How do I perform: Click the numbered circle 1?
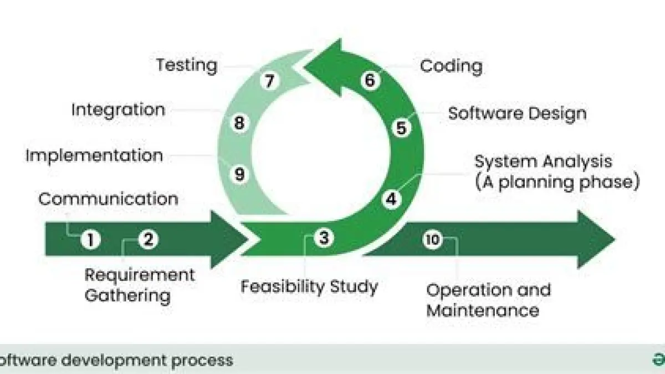point(90,240)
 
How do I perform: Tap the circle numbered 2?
point(148,239)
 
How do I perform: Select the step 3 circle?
point(324,237)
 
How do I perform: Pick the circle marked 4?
point(391,199)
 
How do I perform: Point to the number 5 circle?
point(401,128)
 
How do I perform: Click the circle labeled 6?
point(370,80)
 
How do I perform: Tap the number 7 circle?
point(269,81)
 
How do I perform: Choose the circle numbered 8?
point(239,123)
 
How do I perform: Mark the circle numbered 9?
point(239,174)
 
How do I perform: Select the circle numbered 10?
point(433,239)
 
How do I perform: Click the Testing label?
point(186,65)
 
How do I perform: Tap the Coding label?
point(451,66)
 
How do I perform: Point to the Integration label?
point(118,109)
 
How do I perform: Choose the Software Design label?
point(517,113)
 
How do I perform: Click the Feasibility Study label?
point(309,286)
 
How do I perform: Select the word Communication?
point(109,198)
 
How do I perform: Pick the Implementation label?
point(94,155)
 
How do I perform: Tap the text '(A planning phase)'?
point(557,181)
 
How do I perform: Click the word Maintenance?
point(482,309)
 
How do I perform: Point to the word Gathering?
point(127,295)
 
